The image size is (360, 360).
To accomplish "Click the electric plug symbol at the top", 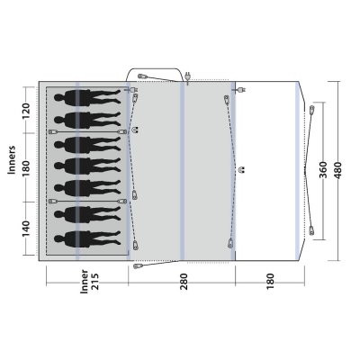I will (188, 76).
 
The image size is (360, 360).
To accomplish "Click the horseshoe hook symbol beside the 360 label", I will (241, 168).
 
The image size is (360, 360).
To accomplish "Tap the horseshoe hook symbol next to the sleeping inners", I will (134, 128).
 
